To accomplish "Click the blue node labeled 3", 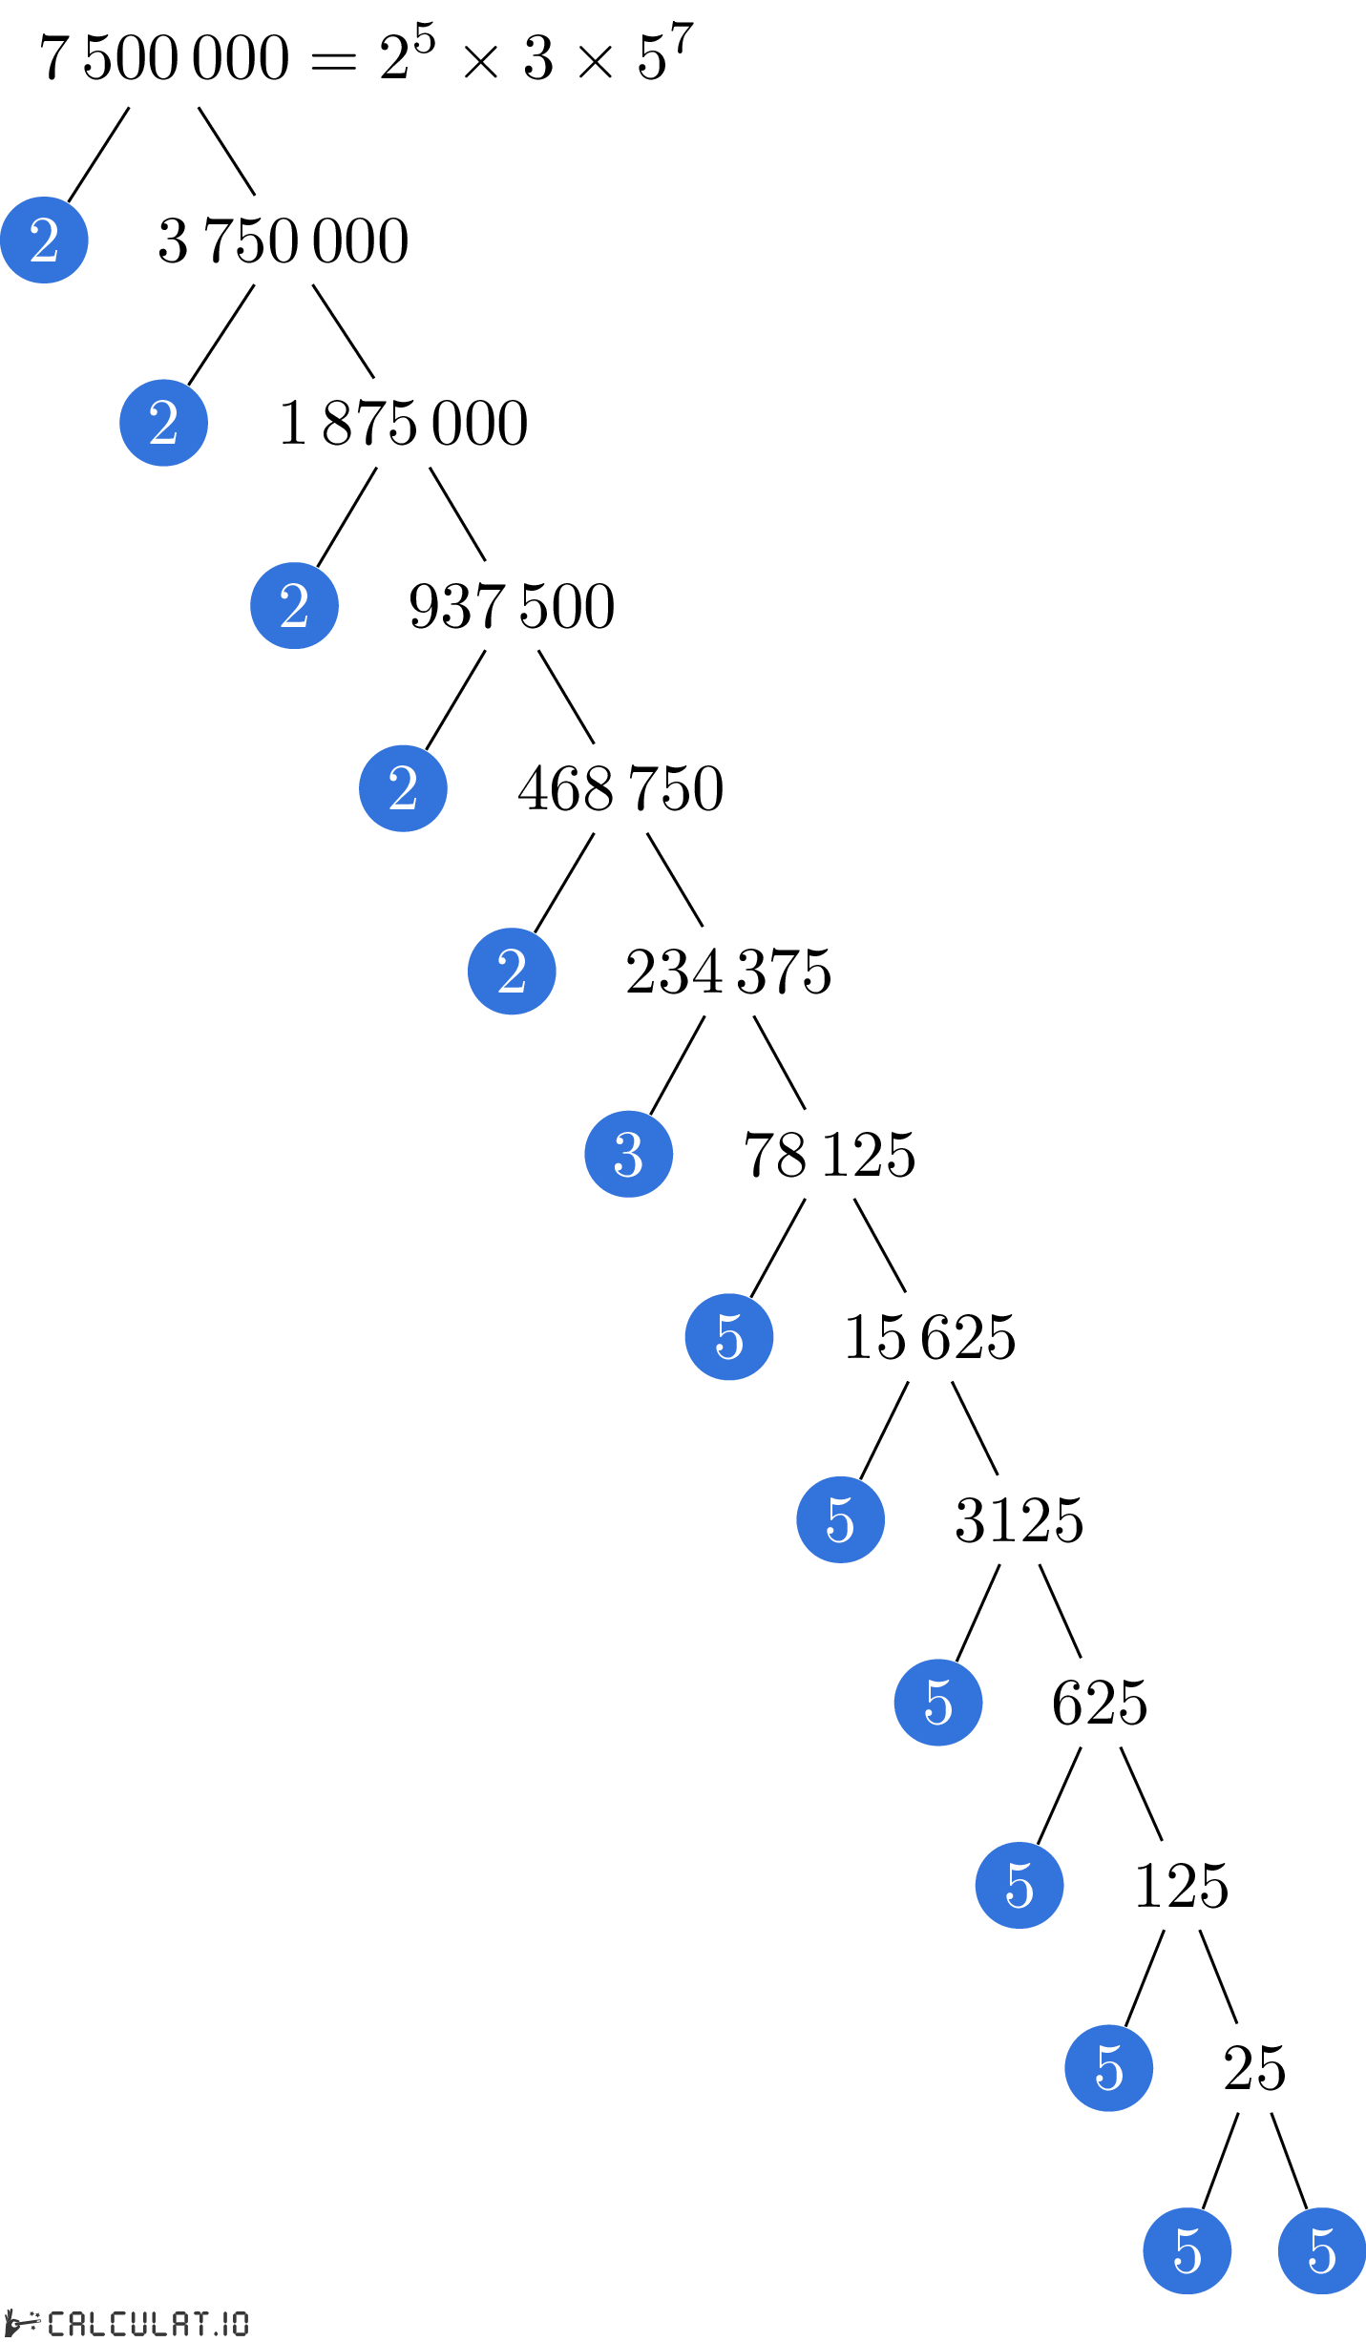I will point(628,1154).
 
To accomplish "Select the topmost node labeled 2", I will point(44,240).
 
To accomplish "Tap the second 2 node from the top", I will point(163,423).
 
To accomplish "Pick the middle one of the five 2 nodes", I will point(294,605).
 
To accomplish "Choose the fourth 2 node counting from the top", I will point(403,788).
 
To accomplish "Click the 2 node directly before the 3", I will point(512,971).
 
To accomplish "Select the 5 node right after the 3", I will point(729,1336).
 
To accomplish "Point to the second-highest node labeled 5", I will point(840,1519).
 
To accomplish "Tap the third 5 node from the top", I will point(938,1703).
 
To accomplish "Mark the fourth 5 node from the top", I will point(1019,1885).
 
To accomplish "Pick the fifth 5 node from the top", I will point(1108,2068).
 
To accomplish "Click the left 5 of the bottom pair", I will point(1187,2250).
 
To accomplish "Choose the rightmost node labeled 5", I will point(1322,2250).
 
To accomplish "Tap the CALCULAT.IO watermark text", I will point(148,2323).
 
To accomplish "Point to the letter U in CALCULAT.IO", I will point(139,2323).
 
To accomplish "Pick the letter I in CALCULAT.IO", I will point(225,2323).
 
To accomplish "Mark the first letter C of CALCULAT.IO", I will point(56,2323).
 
